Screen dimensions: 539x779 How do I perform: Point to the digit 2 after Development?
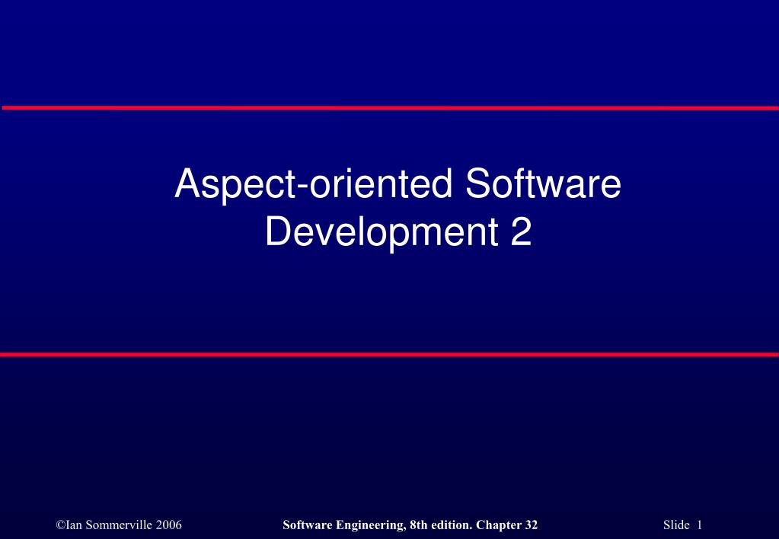point(520,232)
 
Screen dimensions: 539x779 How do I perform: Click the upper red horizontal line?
point(389,108)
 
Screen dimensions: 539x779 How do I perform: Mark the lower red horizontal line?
point(389,355)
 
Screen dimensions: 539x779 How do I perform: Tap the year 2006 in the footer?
point(168,525)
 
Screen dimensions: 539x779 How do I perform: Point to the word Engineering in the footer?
point(367,525)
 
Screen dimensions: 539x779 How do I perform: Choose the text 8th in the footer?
point(417,525)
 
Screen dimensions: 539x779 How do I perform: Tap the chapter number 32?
point(531,525)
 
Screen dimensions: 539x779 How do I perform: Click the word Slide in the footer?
point(675,525)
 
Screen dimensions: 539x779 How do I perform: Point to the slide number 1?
point(698,525)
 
